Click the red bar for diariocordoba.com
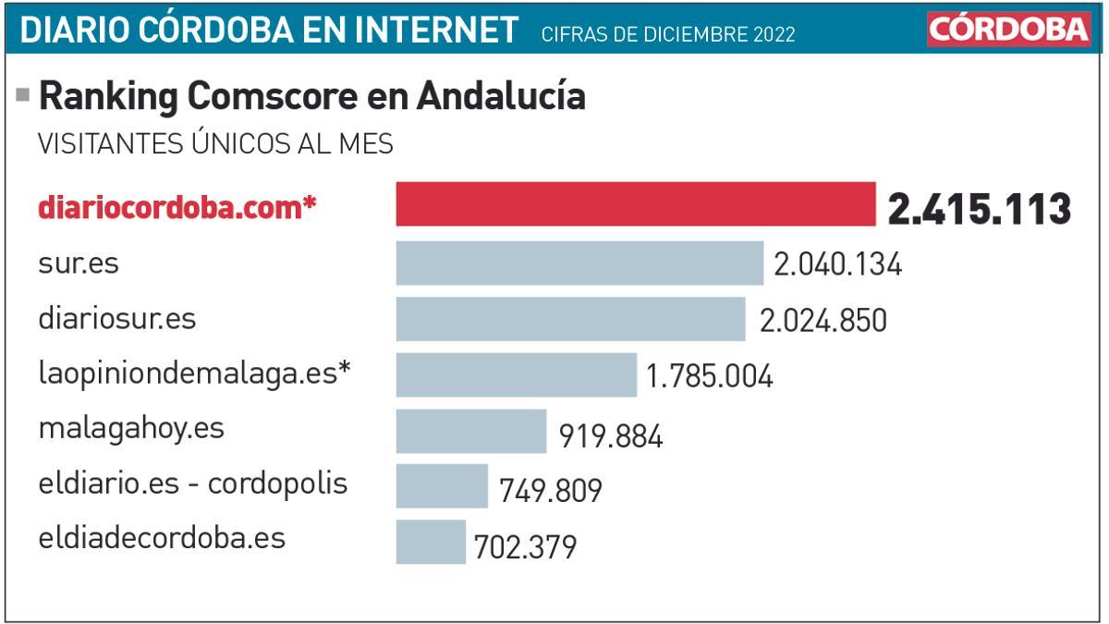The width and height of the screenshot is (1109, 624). click(x=636, y=204)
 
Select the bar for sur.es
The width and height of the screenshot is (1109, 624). click(x=579, y=263)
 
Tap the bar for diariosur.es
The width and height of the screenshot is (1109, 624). click(x=570, y=319)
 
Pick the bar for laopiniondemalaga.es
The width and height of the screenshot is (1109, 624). click(x=516, y=374)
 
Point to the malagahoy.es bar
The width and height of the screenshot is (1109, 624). click(x=471, y=432)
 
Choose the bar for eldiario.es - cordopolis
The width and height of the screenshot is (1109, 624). click(x=442, y=486)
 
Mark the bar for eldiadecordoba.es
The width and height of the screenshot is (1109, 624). click(x=431, y=542)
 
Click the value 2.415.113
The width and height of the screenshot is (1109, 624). click(x=979, y=209)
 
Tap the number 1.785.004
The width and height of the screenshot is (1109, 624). click(x=710, y=376)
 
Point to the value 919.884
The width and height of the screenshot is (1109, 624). click(x=611, y=435)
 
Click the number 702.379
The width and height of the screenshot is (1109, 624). click(x=525, y=546)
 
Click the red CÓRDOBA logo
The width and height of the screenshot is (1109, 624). click(x=1009, y=30)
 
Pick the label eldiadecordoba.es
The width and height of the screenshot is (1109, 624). click(x=162, y=539)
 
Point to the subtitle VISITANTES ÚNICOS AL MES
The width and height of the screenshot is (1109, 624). click(x=214, y=144)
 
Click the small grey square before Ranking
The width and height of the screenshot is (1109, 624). click(x=23, y=94)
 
